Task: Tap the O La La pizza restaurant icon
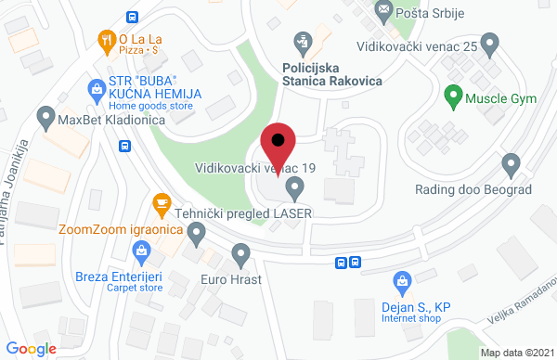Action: click(x=106, y=39)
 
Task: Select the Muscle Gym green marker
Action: click(x=453, y=94)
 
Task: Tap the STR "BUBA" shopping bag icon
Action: click(x=95, y=89)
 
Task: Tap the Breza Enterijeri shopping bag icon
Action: click(x=140, y=249)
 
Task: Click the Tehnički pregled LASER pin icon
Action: click(x=195, y=236)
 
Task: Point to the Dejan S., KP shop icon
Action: click(x=403, y=278)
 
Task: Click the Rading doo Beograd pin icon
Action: click(x=509, y=165)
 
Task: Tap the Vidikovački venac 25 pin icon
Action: click(x=492, y=43)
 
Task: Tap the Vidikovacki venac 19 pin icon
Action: click(x=295, y=189)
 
